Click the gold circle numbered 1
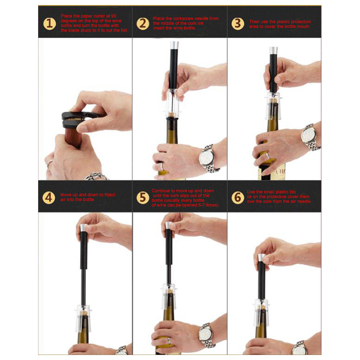[x=49, y=24]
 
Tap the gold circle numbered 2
[x=143, y=24]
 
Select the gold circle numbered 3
[x=238, y=24]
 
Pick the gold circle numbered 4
[x=49, y=197]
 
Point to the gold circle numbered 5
[x=143, y=197]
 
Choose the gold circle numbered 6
[x=238, y=197]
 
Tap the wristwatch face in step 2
[x=206, y=158]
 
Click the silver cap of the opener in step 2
[x=174, y=45]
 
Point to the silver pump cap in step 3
[x=273, y=50]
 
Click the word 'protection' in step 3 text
[x=300, y=22]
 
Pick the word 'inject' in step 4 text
[x=110, y=195]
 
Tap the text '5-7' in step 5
[x=201, y=205]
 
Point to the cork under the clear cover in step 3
[x=273, y=101]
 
